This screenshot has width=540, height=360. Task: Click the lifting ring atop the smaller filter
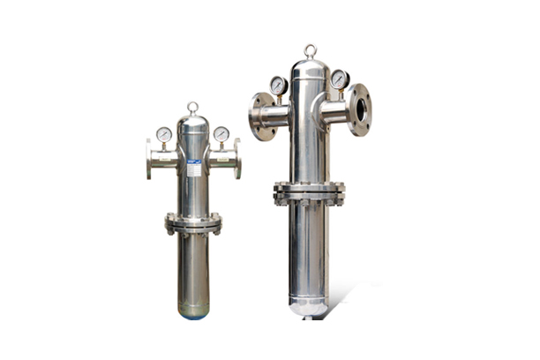(x=192, y=108)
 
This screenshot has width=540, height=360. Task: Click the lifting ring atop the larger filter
(x=310, y=50)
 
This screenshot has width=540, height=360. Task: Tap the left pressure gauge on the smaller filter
(x=164, y=134)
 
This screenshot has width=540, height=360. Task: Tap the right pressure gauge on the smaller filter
(x=221, y=134)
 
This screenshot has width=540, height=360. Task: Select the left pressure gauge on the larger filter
(x=278, y=85)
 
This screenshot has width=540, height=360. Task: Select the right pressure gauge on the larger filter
(x=340, y=79)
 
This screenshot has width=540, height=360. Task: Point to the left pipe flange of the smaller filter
(x=150, y=159)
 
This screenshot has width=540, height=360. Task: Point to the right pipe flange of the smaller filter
(x=236, y=159)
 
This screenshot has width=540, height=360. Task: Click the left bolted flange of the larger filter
(x=260, y=116)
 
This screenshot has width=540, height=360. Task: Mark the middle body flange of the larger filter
(x=308, y=192)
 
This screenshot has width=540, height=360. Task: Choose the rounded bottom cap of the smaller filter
(x=193, y=311)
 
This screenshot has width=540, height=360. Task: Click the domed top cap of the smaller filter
(x=192, y=124)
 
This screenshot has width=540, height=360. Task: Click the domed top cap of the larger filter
(x=310, y=69)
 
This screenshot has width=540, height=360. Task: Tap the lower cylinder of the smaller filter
(x=193, y=269)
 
